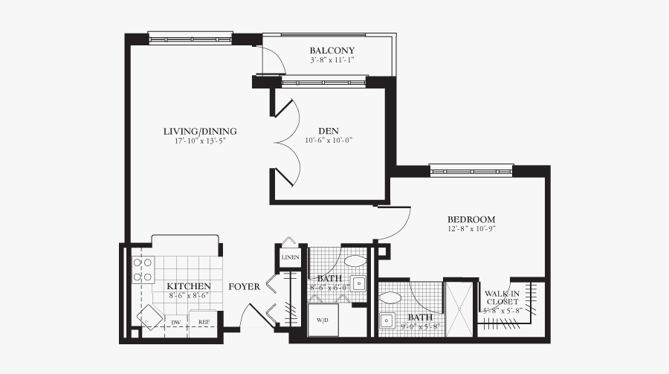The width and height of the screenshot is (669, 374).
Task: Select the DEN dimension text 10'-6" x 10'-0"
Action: click(328, 140)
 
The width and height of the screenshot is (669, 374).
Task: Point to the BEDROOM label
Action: click(471, 219)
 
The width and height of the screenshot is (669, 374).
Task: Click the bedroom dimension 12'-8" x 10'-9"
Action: click(471, 229)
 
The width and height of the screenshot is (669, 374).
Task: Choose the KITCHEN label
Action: click(188, 286)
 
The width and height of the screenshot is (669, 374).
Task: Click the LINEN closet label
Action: click(290, 257)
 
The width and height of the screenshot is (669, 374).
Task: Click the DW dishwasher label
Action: click(176, 323)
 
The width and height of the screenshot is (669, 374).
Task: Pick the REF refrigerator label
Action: click(203, 323)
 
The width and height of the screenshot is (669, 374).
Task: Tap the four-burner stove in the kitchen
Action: click(142, 271)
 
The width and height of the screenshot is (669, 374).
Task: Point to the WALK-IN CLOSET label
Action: click(503, 297)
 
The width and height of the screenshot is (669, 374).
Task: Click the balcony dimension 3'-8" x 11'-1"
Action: click(332, 60)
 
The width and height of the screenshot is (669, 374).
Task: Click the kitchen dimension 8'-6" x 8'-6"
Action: click(188, 295)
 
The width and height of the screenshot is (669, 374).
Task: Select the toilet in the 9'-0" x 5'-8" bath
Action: click(390, 298)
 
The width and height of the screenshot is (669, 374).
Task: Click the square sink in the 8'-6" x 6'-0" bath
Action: click(359, 283)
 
